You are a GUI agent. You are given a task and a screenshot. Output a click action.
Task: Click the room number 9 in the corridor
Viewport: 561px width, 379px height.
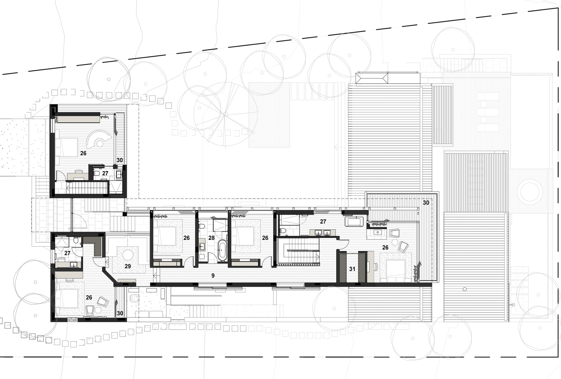coord(213,276)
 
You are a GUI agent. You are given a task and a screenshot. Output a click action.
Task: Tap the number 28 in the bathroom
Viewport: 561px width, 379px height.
coord(211,238)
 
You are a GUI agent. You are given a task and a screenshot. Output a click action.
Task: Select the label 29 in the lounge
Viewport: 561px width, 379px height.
coord(128,266)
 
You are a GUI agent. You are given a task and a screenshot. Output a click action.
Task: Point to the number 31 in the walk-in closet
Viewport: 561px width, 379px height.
coord(352,269)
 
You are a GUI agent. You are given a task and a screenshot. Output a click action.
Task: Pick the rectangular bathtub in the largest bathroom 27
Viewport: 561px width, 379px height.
coord(354,221)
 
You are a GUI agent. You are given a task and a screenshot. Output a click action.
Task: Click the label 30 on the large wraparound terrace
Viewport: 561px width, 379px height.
coord(426,203)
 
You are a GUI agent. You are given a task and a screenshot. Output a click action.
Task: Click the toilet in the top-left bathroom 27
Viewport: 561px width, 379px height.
coord(97,173)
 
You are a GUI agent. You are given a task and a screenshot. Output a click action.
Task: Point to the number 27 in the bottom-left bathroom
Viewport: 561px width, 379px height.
coord(67,253)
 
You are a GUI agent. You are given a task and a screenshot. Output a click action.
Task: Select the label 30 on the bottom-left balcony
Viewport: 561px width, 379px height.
coord(120,313)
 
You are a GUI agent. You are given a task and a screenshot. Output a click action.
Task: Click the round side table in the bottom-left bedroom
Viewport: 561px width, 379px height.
coord(98,310)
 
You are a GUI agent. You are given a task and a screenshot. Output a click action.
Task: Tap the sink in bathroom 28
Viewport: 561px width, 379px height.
coord(202,247)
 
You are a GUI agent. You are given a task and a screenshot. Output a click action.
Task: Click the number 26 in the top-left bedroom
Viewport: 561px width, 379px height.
coord(83,153)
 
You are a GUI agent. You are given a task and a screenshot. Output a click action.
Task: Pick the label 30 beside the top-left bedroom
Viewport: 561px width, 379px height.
coord(120,160)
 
